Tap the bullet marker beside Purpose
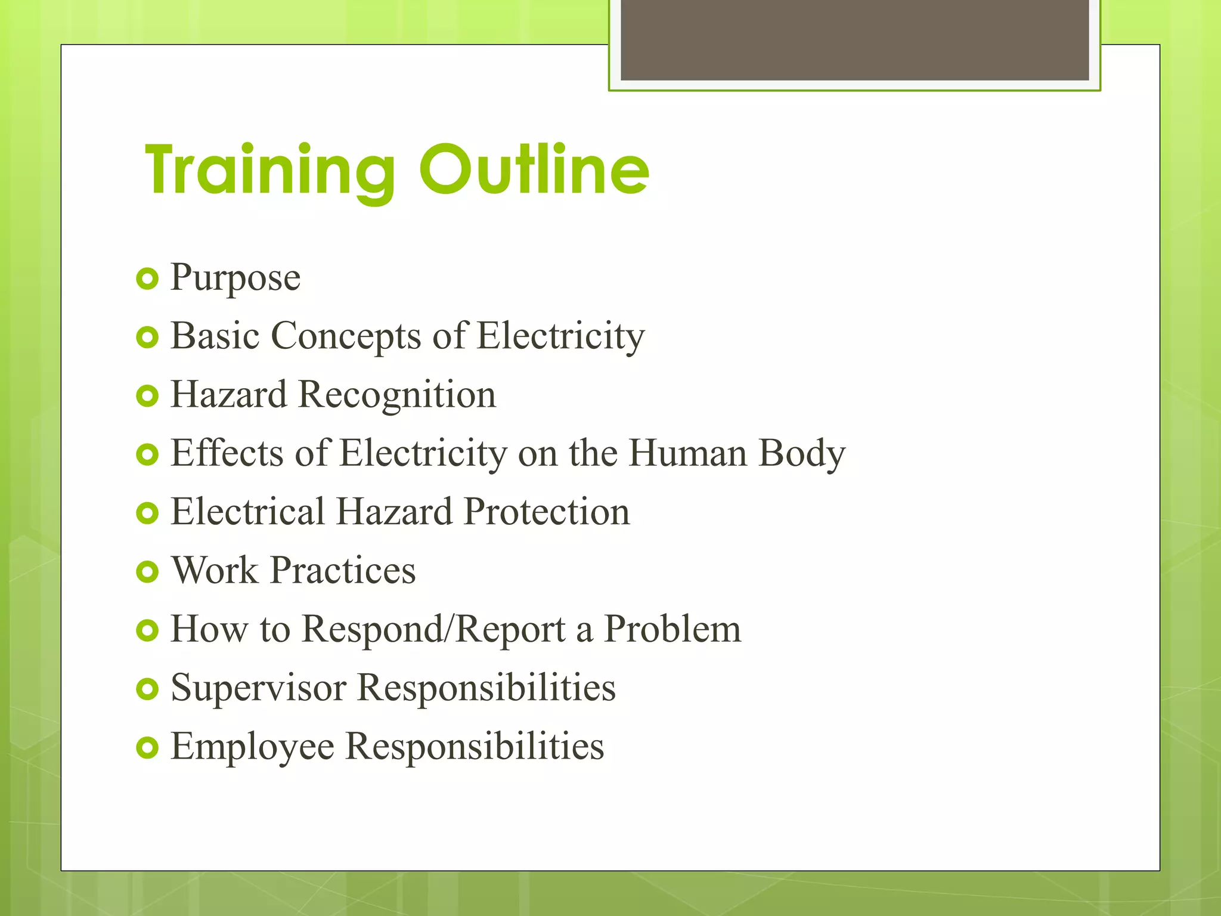[147, 278]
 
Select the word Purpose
[235, 278]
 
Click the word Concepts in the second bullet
[346, 336]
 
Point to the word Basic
[215, 336]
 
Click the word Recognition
[397, 395]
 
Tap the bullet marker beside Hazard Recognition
[147, 396]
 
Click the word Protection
[547, 512]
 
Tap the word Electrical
[247, 512]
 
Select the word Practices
[343, 570]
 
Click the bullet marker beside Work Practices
[147, 572]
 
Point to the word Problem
[673, 629]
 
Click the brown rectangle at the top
[854, 39]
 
